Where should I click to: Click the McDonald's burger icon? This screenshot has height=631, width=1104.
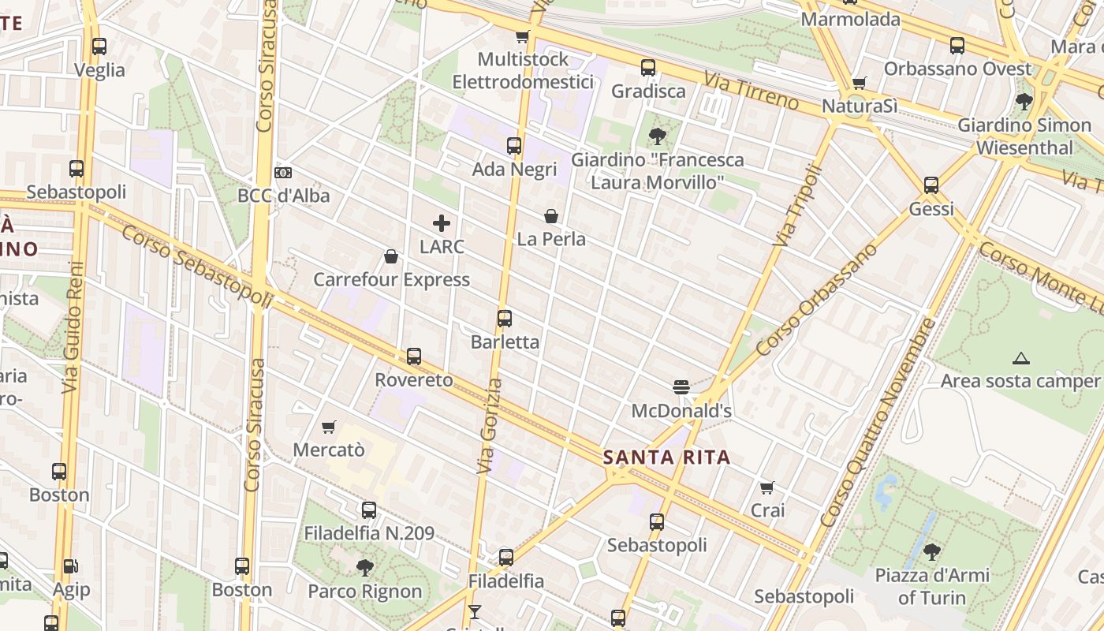681,386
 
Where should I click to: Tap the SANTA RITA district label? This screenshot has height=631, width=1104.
666,457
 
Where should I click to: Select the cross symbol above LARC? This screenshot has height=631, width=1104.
442,223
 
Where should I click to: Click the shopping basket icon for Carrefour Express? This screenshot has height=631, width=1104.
391,256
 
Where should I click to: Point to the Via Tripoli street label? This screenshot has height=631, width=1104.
798,205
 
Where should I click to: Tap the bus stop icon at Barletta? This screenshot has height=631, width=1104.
505,319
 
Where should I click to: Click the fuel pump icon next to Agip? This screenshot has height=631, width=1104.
71,566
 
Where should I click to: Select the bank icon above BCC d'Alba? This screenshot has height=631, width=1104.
283,172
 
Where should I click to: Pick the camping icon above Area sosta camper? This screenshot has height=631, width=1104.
1021,358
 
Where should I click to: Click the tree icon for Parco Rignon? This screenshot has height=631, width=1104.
364,567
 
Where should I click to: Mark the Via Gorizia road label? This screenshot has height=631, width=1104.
490,426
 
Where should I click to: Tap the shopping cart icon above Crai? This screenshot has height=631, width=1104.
767,487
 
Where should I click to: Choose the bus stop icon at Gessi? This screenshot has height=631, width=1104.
931,185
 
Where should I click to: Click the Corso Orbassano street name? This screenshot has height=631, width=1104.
816,300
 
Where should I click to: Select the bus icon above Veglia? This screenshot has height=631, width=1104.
99,47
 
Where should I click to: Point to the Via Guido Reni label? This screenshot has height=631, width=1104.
73,327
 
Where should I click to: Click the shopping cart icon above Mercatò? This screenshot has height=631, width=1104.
329,427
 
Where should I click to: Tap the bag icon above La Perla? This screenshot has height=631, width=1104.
551,215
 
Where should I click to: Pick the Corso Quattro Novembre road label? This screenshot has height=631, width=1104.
877,422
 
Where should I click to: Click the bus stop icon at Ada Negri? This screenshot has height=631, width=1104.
514,146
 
